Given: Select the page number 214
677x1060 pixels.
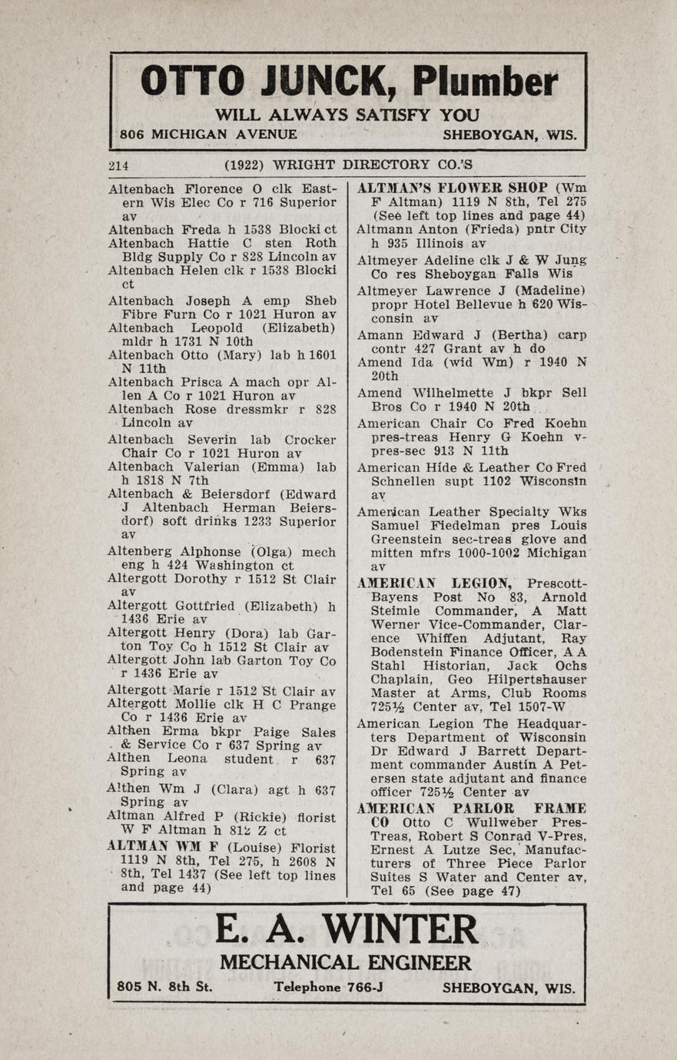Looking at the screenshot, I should click(118, 164).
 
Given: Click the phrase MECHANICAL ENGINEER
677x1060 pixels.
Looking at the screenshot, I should click(346, 963).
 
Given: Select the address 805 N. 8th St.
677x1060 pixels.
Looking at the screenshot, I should click(164, 988).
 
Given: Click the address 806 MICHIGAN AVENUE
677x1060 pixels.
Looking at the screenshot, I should click(208, 134).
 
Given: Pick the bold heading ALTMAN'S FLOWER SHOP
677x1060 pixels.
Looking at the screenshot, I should click(453, 188).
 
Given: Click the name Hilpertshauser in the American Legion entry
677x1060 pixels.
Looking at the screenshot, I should click(537, 680).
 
